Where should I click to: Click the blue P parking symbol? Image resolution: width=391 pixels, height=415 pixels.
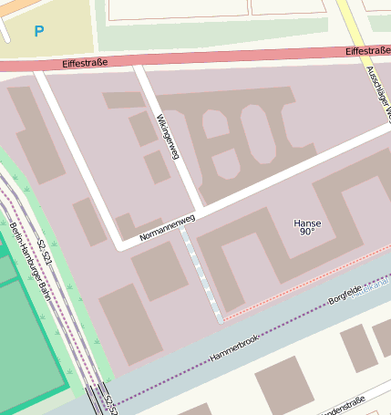pos(38,32)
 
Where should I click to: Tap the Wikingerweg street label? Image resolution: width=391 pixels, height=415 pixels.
pos(168,138)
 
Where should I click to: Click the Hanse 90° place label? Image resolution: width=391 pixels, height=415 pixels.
pos(307,227)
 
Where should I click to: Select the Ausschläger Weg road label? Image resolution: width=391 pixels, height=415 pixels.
pos(376,91)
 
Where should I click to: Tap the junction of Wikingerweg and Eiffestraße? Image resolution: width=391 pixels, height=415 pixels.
pos(139,65)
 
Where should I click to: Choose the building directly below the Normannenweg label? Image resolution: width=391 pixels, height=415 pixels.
pos(159,271)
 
